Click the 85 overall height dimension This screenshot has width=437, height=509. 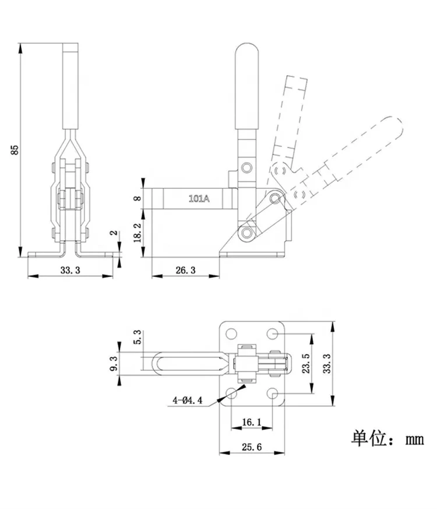tap(15, 149)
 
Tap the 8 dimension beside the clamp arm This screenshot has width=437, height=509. tap(138, 198)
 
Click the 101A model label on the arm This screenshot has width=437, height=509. tap(199, 199)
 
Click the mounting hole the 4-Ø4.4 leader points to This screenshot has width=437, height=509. tap(232, 394)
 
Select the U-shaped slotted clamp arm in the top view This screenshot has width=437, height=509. tap(186, 364)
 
